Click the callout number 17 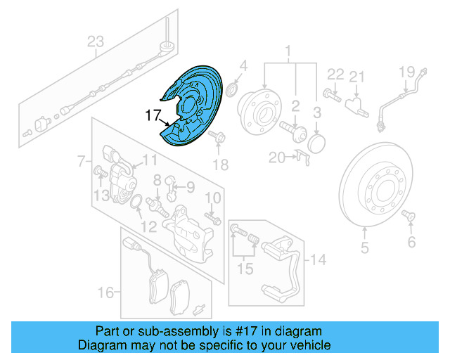153,115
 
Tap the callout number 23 95,41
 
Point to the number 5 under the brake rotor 365,247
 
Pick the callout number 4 243,67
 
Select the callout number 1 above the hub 288,51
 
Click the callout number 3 317,112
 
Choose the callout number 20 276,157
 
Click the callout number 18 221,165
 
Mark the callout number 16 105,292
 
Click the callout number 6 411,243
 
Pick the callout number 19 408,71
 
